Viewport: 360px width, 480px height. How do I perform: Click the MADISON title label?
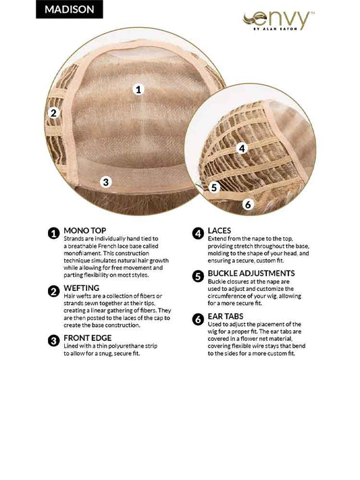point(70,9)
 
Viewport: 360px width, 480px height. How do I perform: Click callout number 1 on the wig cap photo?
point(138,89)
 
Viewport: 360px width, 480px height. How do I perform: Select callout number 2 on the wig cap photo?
point(53,113)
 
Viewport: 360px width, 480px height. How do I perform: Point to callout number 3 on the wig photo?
point(105,182)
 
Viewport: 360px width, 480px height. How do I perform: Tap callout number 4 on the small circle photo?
point(242,149)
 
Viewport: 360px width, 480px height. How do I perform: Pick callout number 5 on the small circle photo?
point(214,188)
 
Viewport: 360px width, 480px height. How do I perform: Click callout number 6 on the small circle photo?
point(248,204)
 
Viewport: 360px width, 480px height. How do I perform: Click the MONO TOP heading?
point(85,230)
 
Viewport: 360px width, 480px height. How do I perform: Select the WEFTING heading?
point(82,288)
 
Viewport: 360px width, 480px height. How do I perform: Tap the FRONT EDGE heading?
point(88,338)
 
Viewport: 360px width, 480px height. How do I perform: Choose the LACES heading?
point(220,230)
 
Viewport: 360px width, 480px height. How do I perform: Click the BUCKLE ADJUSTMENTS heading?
point(251,273)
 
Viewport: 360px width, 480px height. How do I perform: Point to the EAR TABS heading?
point(226,316)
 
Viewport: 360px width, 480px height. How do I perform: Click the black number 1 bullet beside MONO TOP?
point(53,234)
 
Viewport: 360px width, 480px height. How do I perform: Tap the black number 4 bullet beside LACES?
point(198,234)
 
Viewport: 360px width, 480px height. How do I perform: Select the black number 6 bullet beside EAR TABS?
point(198,319)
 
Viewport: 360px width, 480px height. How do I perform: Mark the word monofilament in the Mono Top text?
point(82,253)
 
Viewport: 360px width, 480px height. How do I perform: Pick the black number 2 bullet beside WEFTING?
point(53,291)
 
